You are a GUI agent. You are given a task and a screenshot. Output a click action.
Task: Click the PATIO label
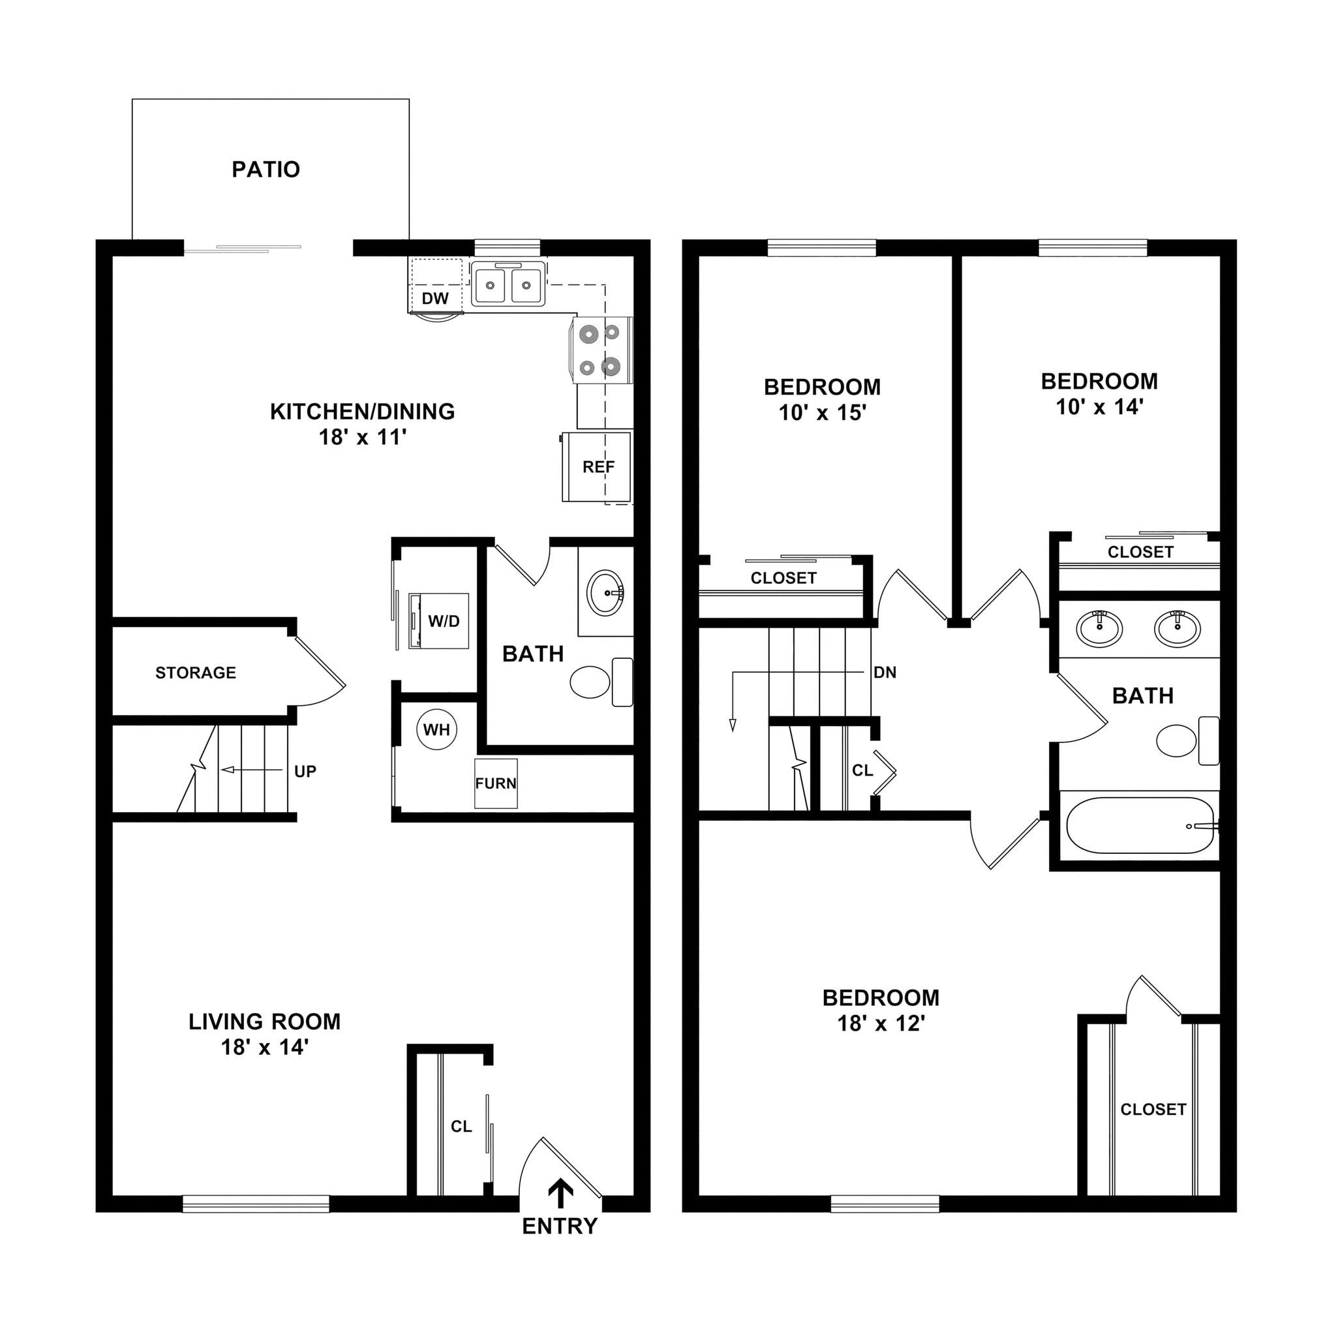[x=266, y=170]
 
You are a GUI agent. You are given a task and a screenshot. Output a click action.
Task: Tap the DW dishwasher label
[x=435, y=299]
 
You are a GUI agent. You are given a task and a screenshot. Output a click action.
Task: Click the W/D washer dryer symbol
[x=440, y=620]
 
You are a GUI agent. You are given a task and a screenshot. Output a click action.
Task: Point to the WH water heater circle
[x=436, y=729]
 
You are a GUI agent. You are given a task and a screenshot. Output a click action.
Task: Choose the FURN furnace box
[x=496, y=783]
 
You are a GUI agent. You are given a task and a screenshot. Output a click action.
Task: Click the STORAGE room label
[x=196, y=673]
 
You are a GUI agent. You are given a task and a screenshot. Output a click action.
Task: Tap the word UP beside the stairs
[x=305, y=772]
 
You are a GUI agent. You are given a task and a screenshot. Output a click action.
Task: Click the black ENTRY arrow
[x=560, y=1194]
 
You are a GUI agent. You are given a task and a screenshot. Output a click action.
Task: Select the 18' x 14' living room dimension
[x=264, y=1047]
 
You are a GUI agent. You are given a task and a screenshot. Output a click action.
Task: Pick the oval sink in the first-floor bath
[x=607, y=592]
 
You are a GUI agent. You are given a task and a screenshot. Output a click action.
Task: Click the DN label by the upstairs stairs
[x=885, y=672]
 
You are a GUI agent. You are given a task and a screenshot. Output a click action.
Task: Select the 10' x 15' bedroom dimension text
[x=822, y=413]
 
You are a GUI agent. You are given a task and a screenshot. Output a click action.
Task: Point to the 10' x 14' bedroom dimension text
[x=1099, y=407]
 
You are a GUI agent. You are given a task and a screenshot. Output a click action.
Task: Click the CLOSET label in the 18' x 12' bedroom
[x=1153, y=1109]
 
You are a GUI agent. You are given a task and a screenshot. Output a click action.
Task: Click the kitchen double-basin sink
[x=508, y=285]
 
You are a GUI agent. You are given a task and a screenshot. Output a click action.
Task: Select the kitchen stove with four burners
[x=600, y=350]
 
